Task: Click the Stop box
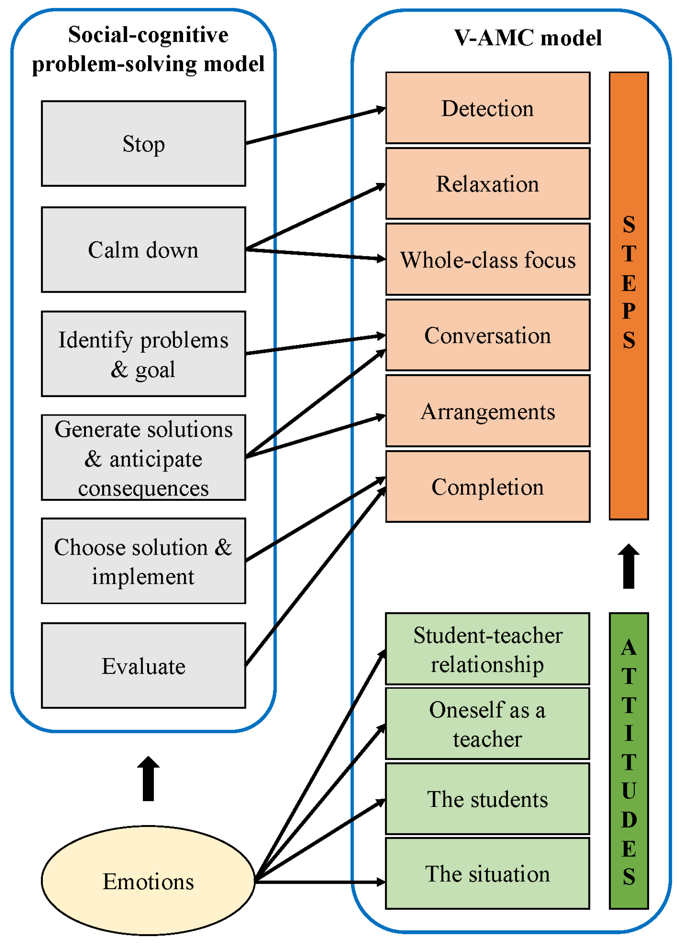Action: (x=143, y=143)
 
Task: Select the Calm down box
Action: (x=143, y=249)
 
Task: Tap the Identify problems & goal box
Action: (x=143, y=354)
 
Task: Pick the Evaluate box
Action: (x=143, y=666)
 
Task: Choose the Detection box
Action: (x=487, y=108)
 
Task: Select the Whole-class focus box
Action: (x=487, y=259)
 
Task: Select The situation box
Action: (x=487, y=873)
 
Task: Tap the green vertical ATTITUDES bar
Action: (x=629, y=760)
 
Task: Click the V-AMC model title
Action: (x=528, y=38)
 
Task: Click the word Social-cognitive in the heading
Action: (x=148, y=34)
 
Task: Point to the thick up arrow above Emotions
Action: (x=148, y=779)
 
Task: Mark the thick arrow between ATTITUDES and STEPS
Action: (x=629, y=566)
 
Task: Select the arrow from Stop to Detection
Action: (x=315, y=126)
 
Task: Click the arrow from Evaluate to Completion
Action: (x=315, y=577)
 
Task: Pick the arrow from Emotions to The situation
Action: (x=319, y=882)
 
